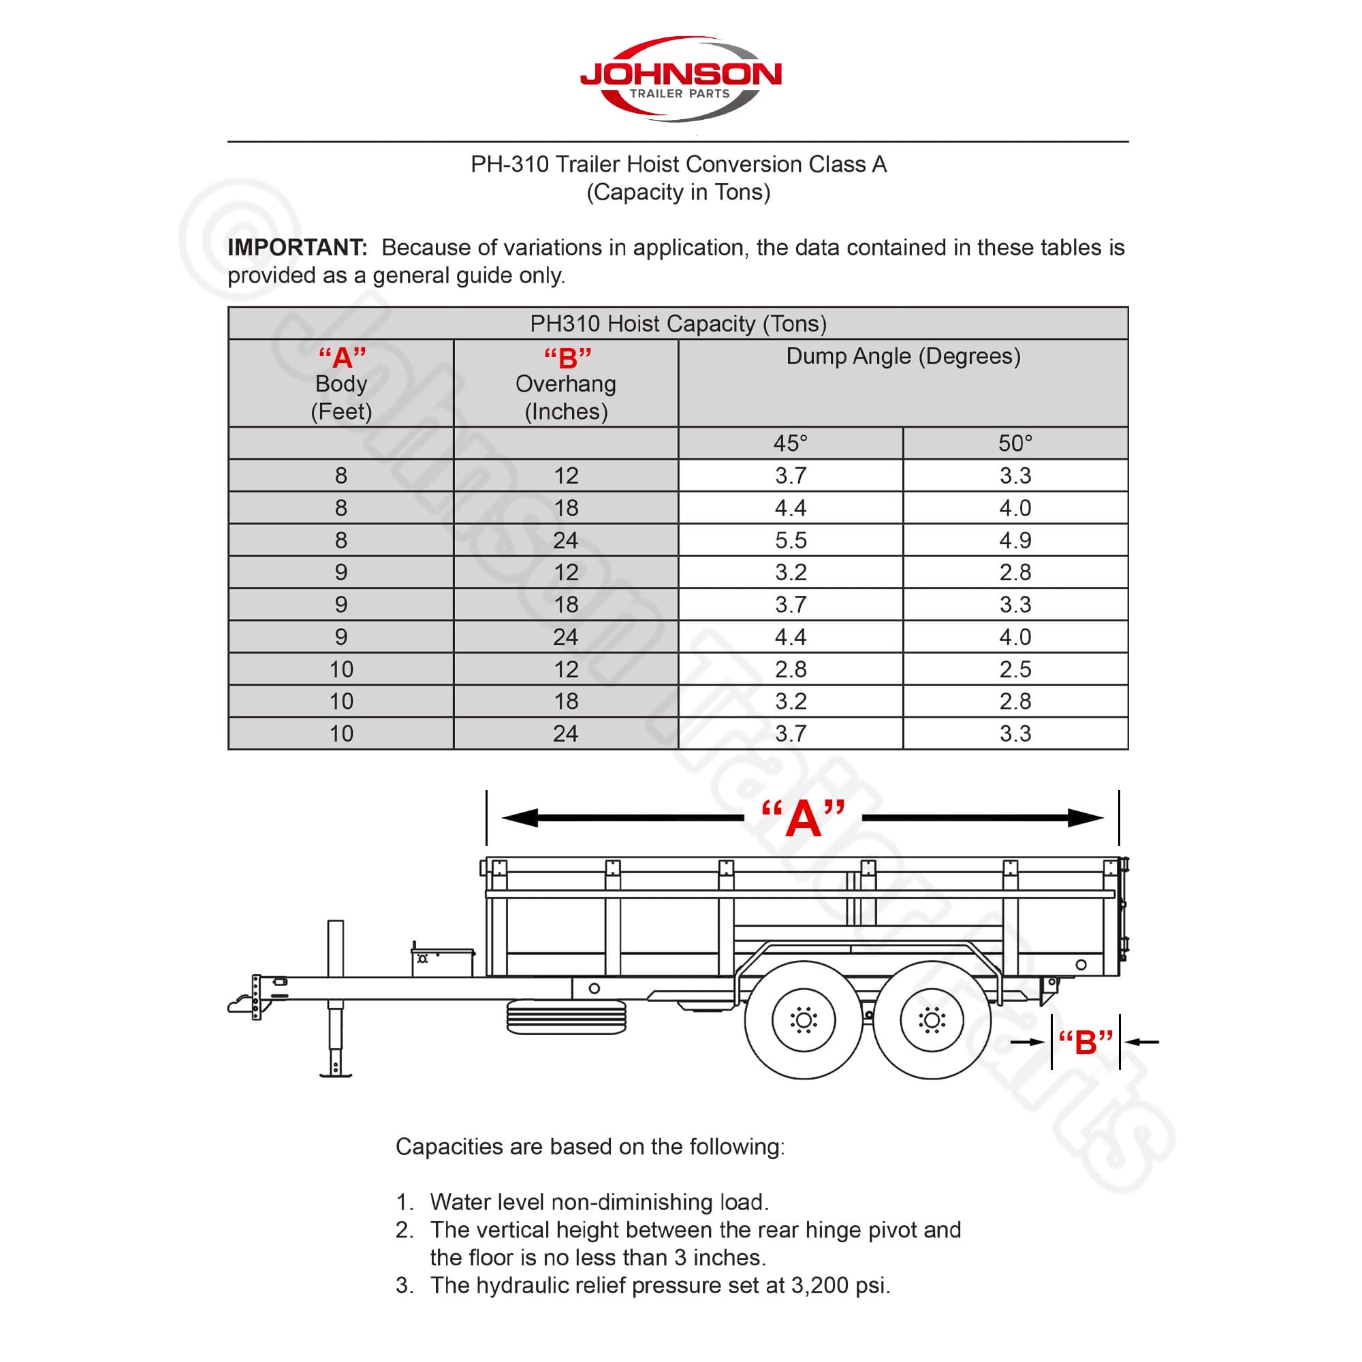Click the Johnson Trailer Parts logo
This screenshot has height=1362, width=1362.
click(680, 78)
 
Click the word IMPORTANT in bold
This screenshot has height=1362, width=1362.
click(297, 247)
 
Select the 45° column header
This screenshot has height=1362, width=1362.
click(790, 443)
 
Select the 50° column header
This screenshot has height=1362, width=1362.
click(1015, 443)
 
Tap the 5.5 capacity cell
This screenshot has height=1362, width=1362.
click(790, 540)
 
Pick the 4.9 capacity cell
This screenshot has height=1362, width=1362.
click(1015, 540)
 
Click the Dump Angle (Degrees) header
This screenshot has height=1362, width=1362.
click(903, 356)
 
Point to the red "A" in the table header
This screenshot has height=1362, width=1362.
click(342, 358)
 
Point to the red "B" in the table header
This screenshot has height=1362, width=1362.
click(567, 358)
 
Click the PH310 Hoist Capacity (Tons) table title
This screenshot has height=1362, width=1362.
click(678, 323)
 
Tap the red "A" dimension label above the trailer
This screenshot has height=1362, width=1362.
click(803, 819)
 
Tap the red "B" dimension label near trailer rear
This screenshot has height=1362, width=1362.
click(1085, 1042)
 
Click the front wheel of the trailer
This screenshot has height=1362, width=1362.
click(803, 1020)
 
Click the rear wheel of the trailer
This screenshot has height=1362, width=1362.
click(932, 1020)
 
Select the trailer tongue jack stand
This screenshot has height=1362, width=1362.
click(336, 998)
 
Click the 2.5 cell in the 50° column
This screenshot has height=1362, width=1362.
click(1015, 669)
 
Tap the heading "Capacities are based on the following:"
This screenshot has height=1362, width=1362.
click(590, 1147)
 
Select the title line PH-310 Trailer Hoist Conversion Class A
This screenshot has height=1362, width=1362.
click(678, 164)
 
